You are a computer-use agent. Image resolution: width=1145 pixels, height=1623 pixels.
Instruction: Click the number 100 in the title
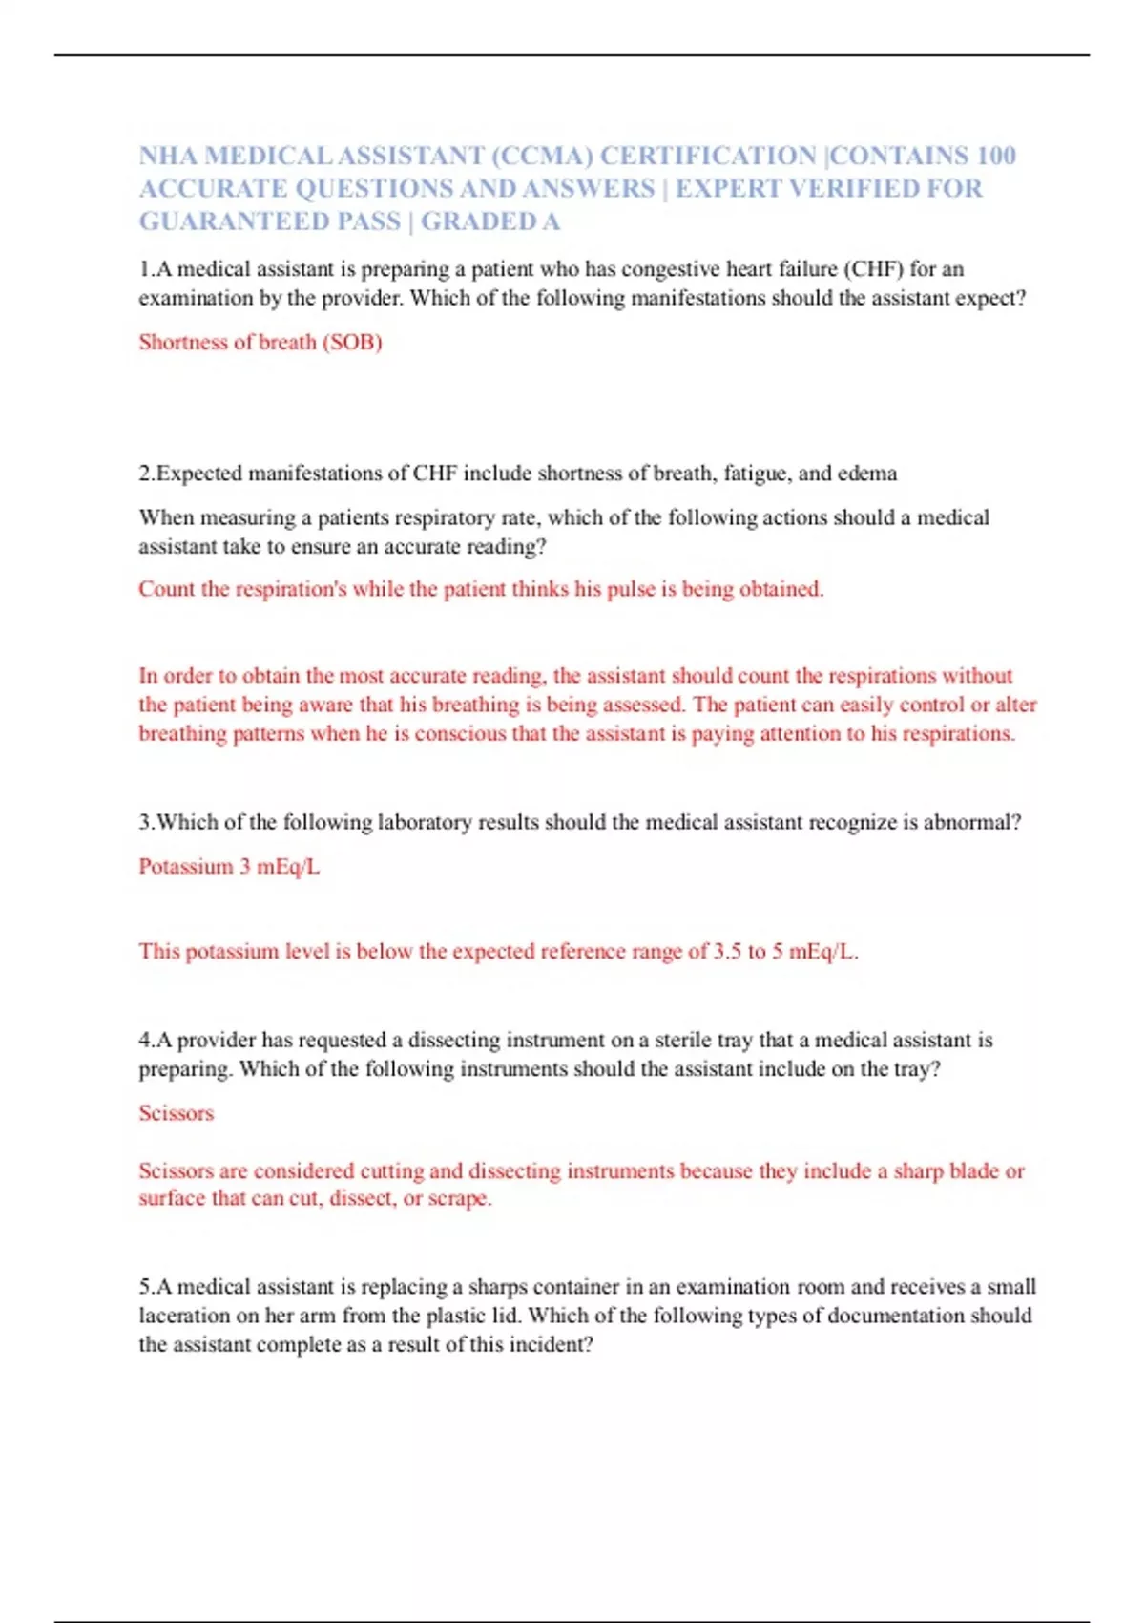click(996, 156)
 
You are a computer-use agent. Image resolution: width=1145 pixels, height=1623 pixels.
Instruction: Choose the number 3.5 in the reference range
click(727, 952)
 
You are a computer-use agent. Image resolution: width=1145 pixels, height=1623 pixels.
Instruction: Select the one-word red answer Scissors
click(177, 1113)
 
